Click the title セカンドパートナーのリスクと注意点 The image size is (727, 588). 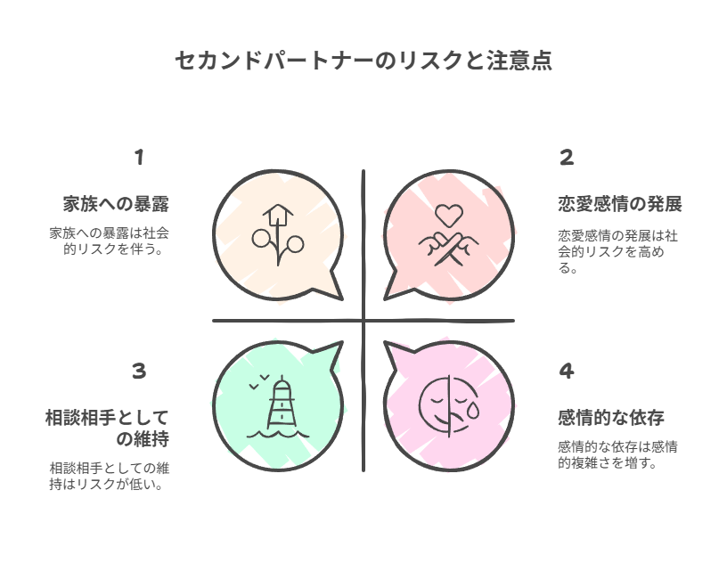pyautogui.click(x=363, y=61)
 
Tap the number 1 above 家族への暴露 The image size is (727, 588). pyautogui.click(x=139, y=159)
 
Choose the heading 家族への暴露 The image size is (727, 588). pyautogui.click(x=115, y=204)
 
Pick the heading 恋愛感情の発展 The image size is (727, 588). pyautogui.click(x=613, y=204)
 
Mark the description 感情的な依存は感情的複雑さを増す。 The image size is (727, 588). pyautogui.click(x=617, y=454)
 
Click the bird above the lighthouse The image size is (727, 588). pyautogui.click(x=257, y=380)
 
